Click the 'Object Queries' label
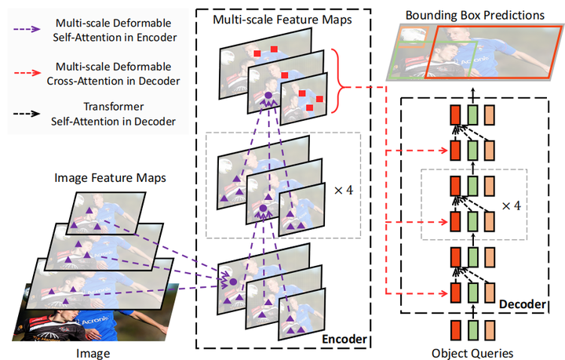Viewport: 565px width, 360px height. [x=473, y=353]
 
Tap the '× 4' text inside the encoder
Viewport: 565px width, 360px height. [x=341, y=190]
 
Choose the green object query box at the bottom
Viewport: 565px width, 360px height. [x=472, y=330]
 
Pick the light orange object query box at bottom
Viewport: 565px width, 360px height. [x=490, y=330]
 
